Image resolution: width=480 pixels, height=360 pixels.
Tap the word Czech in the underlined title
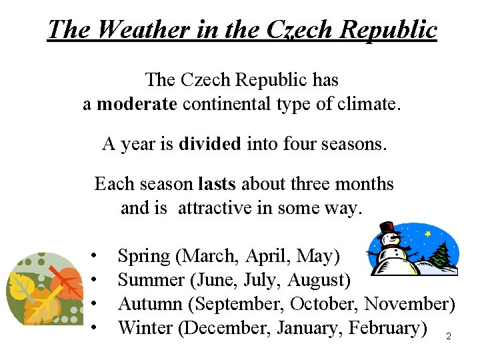(x=299, y=30)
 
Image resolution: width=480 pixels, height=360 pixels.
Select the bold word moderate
(x=137, y=104)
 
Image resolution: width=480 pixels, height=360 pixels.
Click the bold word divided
(x=209, y=143)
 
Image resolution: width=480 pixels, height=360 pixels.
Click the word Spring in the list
(x=143, y=256)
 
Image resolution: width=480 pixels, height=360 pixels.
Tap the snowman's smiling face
(x=391, y=239)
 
